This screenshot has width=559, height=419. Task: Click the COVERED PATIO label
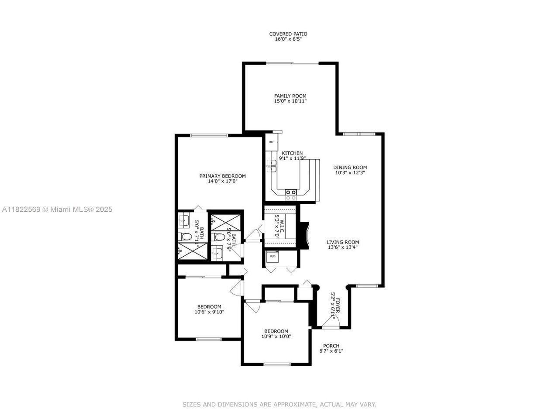pos(288,34)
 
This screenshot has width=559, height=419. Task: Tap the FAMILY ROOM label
pos(290,96)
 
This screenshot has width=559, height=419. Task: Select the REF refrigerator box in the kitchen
pos(271,142)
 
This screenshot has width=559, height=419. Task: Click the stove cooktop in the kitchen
pos(291,192)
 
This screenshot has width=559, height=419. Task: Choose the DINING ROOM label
pos(350,168)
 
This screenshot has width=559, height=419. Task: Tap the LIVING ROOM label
pos(343,242)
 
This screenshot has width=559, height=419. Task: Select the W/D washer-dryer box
pos(273,256)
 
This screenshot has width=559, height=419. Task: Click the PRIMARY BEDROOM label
pos(222,176)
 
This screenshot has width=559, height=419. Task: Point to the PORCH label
pos(331,346)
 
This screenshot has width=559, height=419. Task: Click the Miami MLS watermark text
pos(57,209)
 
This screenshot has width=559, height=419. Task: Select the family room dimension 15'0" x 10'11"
pos(290,101)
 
